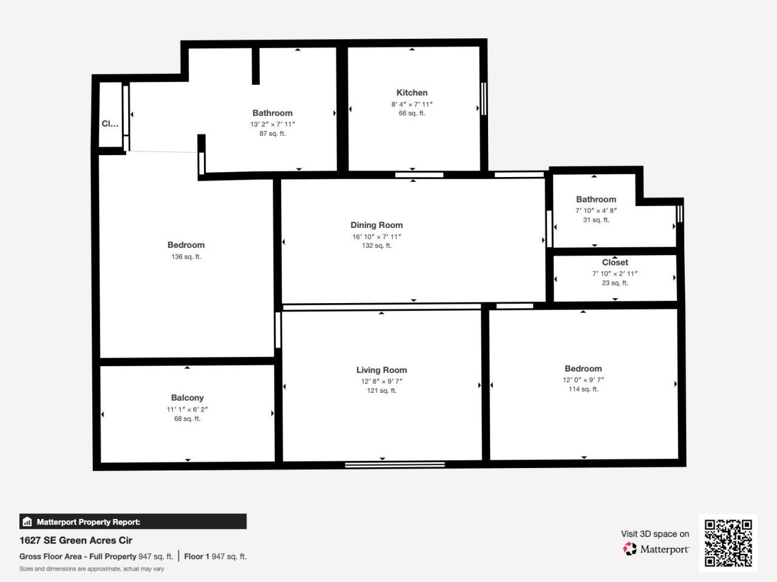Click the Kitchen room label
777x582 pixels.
412,93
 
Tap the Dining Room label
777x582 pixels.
376,225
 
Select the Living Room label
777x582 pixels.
381,370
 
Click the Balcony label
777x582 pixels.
187,398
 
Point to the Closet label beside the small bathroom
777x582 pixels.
615,263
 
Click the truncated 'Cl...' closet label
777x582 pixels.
110,124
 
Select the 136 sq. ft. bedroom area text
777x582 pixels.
186,257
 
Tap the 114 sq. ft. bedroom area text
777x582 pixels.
583,389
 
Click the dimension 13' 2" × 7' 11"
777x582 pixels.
273,124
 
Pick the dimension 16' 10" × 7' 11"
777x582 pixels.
376,236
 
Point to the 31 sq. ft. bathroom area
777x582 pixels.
595,220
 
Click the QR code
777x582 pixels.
728,543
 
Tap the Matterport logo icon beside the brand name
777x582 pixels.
629,549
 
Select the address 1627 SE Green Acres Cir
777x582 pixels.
76,540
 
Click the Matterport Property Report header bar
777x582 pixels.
133,521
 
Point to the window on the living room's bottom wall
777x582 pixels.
395,465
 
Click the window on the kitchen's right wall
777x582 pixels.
484,98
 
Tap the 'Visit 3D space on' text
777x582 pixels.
655,534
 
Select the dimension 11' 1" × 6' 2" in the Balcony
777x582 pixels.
187,409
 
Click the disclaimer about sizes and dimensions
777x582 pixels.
92,569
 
